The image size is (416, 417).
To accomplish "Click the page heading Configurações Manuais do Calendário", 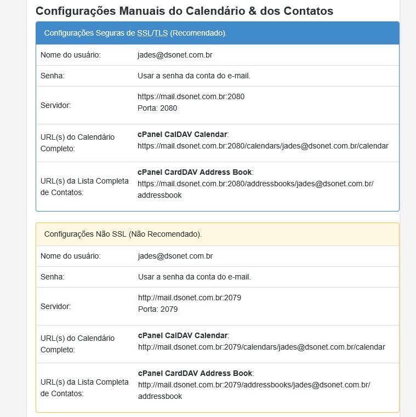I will [x=184, y=10].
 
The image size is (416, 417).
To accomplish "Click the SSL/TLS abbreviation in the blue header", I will [x=152, y=33].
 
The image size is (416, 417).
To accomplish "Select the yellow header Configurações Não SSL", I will [x=123, y=234].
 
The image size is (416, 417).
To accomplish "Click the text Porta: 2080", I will [x=157, y=108].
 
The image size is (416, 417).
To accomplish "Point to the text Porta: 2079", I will [x=158, y=309].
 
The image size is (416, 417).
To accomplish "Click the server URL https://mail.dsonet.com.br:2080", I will [x=191, y=96].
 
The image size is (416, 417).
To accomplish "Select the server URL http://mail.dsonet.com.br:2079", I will [x=190, y=298].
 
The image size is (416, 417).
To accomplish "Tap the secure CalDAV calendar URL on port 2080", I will [x=263, y=146].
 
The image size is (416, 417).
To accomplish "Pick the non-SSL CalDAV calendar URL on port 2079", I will [x=261, y=347].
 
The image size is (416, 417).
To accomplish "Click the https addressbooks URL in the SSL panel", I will [x=255, y=184].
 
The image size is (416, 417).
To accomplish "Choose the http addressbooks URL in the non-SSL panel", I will [x=254, y=385].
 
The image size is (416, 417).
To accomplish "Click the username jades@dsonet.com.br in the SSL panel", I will [x=175, y=55].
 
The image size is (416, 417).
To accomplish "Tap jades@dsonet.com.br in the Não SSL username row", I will [x=175, y=256].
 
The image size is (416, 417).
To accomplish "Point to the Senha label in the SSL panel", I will [x=53, y=76].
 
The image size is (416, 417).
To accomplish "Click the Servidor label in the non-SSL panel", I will [x=56, y=307].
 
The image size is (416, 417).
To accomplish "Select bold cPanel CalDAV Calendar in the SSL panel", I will [x=182, y=134].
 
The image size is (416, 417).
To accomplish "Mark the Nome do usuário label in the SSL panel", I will [x=70, y=55].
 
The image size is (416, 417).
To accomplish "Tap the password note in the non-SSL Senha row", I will [x=194, y=277].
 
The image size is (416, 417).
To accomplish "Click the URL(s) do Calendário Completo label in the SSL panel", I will [x=77, y=142].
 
